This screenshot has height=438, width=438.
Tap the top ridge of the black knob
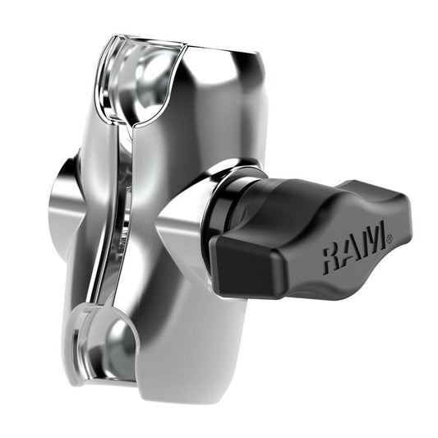click(x=329, y=189)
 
